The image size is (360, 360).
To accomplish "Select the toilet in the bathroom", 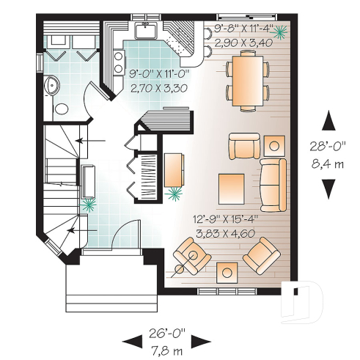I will click(x=62, y=108).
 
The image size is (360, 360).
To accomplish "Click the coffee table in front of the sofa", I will click(x=233, y=188).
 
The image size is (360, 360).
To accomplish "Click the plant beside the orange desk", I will click(x=175, y=192).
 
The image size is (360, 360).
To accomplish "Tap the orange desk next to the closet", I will click(x=174, y=169).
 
